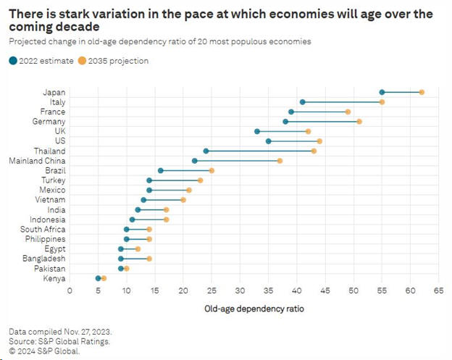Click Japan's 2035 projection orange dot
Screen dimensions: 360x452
click(422, 92)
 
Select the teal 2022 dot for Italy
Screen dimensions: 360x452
click(302, 102)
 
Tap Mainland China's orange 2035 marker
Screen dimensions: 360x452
click(280, 161)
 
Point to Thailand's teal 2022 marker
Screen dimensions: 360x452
click(206, 151)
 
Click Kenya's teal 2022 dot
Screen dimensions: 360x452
click(98, 278)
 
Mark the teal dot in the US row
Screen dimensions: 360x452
click(268, 141)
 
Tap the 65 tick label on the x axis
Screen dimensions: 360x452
click(439, 290)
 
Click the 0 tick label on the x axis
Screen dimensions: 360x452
click(70, 290)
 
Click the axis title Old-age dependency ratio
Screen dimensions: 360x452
click(254, 308)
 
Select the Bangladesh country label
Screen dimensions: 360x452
click(43, 259)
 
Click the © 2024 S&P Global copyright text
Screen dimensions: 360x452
click(44, 351)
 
